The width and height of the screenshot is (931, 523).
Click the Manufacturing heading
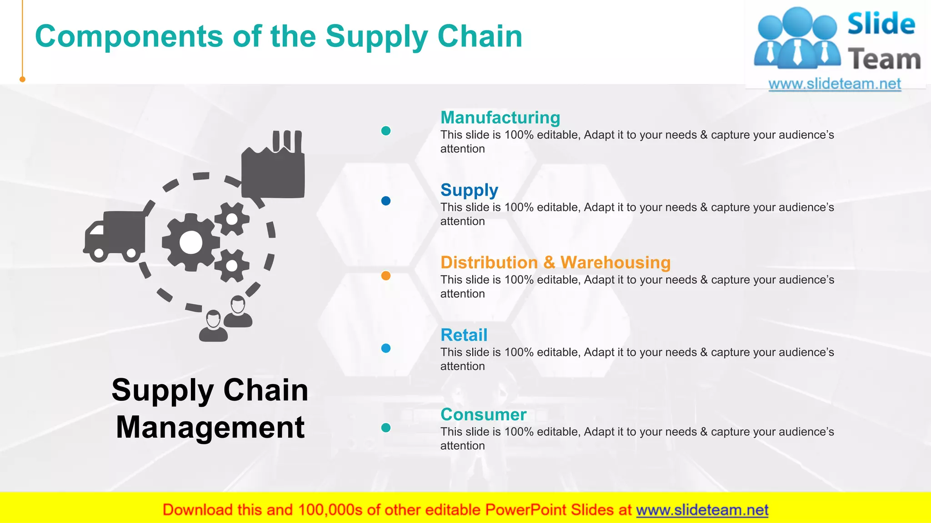click(500, 118)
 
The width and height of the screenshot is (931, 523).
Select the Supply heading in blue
click(469, 190)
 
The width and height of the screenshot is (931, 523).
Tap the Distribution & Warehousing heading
click(555, 262)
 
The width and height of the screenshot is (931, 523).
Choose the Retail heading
click(464, 335)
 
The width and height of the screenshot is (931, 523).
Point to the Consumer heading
click(483, 414)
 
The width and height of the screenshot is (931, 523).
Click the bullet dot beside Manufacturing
click(385, 131)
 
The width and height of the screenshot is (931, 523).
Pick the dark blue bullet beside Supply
click(385, 201)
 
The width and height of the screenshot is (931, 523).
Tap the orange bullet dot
click(385, 276)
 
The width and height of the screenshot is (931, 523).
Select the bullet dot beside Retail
click(385, 348)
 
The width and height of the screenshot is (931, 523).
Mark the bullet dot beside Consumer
click(385, 428)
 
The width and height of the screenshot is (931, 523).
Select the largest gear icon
click(190, 243)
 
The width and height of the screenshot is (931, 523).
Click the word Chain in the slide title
click(480, 36)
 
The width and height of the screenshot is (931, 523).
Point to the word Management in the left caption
click(210, 427)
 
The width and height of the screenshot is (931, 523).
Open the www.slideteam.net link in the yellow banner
click(702, 510)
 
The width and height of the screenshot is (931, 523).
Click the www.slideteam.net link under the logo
click(835, 84)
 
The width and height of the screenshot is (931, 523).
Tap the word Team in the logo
click(884, 59)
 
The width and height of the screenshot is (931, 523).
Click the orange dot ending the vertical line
click(22, 79)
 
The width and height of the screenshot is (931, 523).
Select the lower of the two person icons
click(213, 326)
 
